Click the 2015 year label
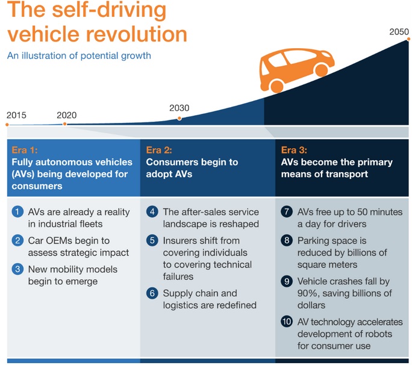(x=16, y=115)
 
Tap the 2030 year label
(x=179, y=108)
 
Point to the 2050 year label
(x=399, y=32)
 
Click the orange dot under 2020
(x=65, y=123)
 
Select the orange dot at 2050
(x=408, y=39)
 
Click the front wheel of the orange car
(x=321, y=70)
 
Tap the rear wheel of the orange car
(x=277, y=86)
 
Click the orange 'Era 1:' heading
(x=25, y=150)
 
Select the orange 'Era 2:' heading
(x=159, y=150)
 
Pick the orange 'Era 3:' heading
(x=294, y=150)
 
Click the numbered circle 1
(x=17, y=211)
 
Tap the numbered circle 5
(x=152, y=240)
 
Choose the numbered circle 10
(x=287, y=322)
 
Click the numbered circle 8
(x=287, y=240)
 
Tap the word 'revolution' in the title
(x=136, y=34)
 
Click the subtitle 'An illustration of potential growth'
(x=79, y=55)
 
